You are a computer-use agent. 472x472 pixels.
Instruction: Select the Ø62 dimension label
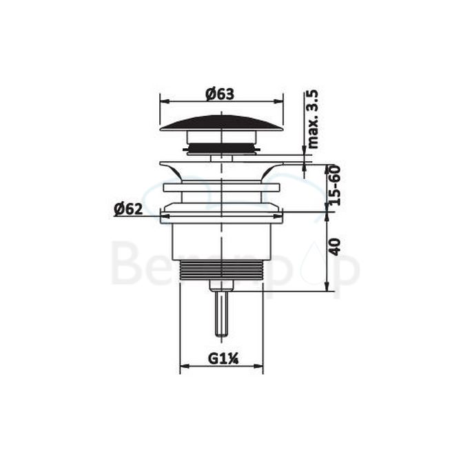[128, 209]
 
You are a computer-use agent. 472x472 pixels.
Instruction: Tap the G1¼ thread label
[221, 358]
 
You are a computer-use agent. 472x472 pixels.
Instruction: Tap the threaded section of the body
[221, 270]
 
